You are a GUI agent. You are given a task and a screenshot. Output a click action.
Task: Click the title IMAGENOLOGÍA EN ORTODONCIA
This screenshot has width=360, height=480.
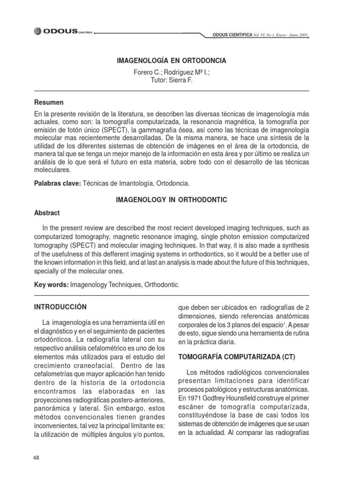[171, 61]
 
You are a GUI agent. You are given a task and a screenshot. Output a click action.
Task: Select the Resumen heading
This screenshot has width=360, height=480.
[49, 102]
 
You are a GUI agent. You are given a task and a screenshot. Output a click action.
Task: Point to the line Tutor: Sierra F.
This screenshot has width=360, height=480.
[171, 80]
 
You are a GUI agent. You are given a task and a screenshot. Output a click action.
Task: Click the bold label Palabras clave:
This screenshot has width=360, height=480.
[58, 183]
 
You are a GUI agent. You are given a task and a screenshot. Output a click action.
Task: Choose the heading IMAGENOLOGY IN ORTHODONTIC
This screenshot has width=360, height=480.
[171, 200]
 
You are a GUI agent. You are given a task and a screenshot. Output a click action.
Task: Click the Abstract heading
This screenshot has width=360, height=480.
[47, 212]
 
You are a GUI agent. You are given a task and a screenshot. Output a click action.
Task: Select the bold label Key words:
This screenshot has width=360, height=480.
[52, 284]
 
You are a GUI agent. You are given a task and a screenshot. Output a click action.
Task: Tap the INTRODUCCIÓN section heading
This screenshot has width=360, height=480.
[61, 307]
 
